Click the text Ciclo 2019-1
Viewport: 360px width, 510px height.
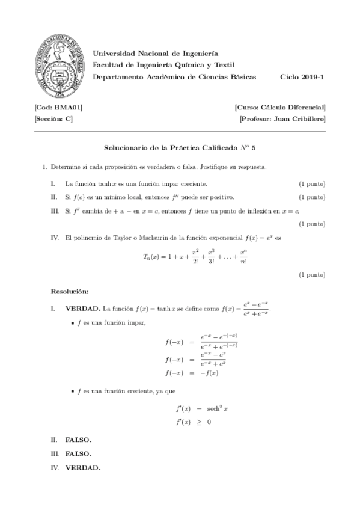pyautogui.click(x=303, y=77)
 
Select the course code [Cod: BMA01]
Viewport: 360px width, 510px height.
pyautogui.click(x=58, y=107)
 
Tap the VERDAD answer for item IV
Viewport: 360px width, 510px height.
pyautogui.click(x=82, y=467)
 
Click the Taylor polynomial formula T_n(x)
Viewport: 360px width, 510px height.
pyautogui.click(x=195, y=255)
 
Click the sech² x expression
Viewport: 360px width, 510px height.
pyautogui.click(x=216, y=408)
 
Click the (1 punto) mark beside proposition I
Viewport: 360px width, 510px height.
pyautogui.click(x=312, y=183)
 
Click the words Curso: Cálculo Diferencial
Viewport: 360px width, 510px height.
pyautogui.click(x=281, y=107)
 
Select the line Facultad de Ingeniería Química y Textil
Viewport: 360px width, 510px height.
pyautogui.click(x=163, y=65)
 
